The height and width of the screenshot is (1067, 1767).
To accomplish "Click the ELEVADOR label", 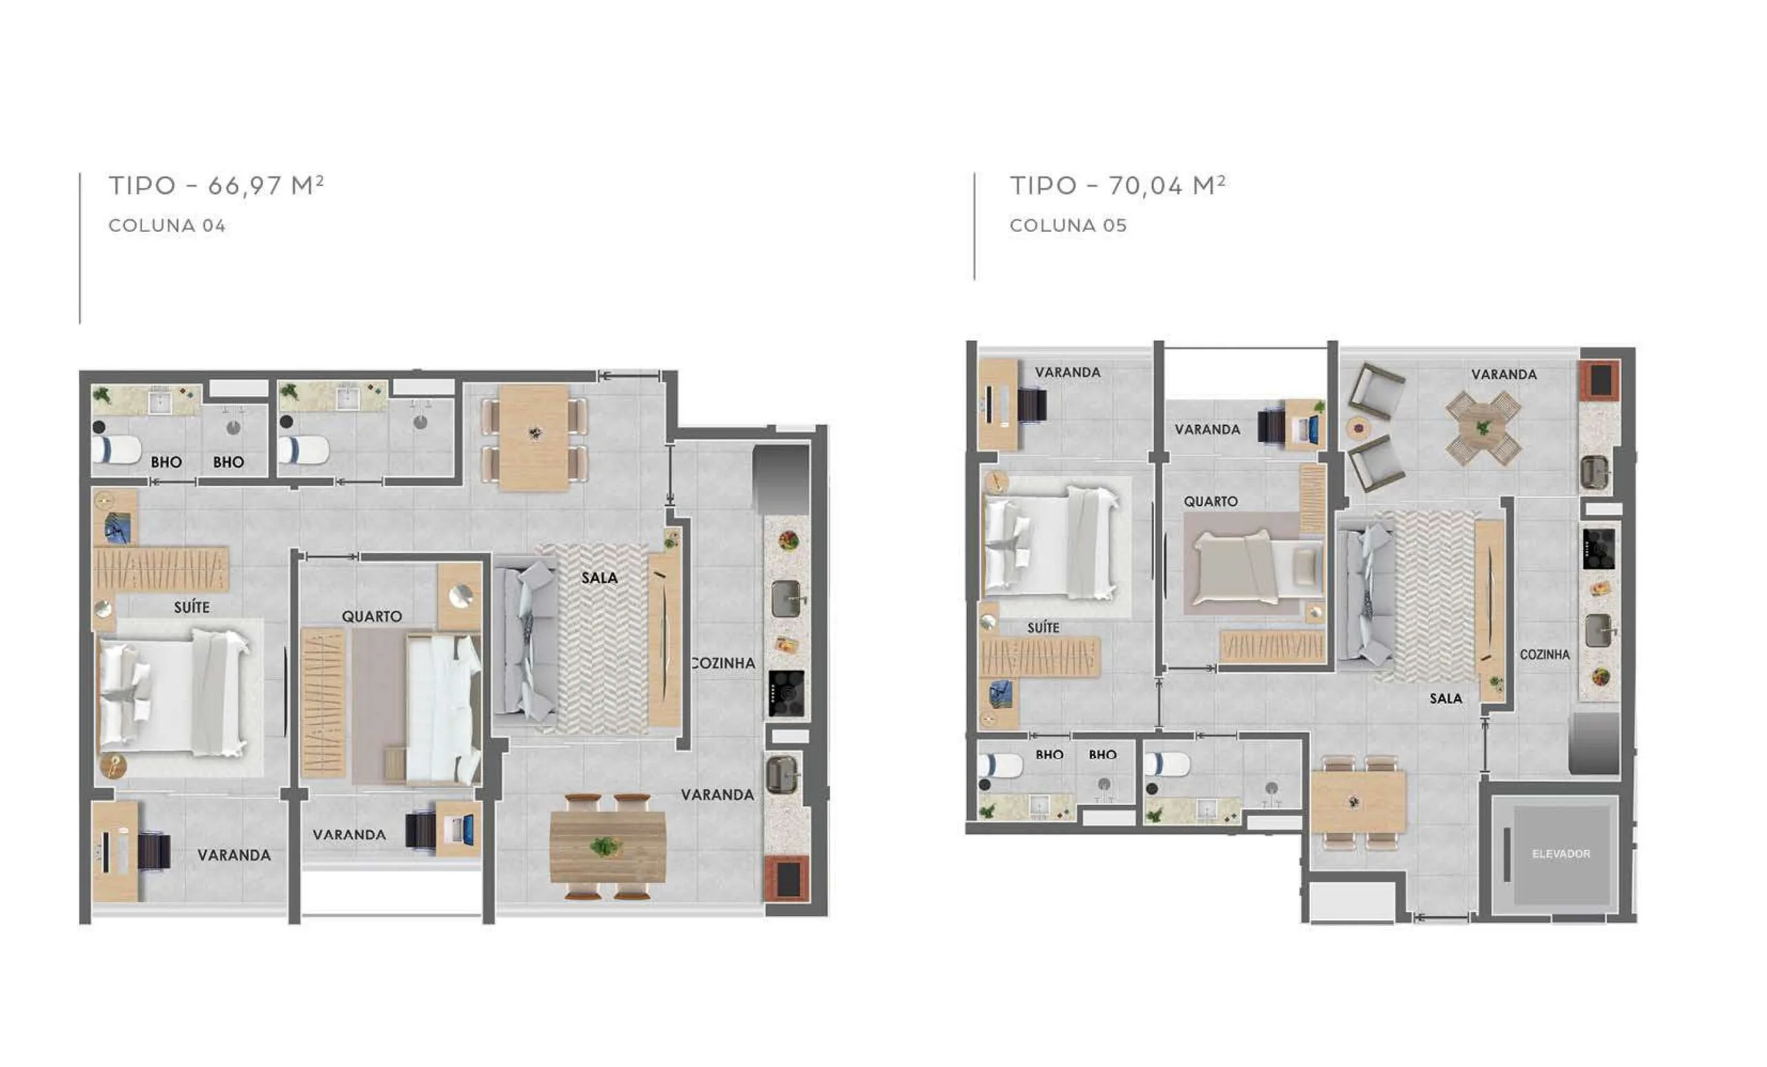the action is (x=1561, y=854).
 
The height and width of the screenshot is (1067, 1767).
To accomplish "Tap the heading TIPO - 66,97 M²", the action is (x=216, y=185).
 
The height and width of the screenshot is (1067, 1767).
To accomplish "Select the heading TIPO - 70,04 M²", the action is (x=1118, y=185).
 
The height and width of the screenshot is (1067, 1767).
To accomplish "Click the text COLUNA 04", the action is (x=167, y=225).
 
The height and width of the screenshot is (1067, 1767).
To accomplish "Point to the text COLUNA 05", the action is (x=1068, y=225).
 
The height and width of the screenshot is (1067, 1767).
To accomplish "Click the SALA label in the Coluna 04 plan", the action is (x=600, y=578).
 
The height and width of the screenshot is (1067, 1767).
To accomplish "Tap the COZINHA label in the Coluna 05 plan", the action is (x=1545, y=655).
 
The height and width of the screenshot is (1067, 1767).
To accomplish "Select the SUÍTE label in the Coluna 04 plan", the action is (x=191, y=607).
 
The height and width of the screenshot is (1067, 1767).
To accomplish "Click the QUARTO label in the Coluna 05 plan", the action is (x=1211, y=501).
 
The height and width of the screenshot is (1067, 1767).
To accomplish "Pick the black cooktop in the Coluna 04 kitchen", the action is (x=786, y=694).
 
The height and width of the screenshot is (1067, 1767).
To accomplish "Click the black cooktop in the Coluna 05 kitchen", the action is (x=1599, y=549).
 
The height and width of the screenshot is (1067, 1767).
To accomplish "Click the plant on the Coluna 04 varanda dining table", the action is (x=606, y=847).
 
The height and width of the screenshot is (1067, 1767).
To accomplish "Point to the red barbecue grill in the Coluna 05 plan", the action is (x=1599, y=380).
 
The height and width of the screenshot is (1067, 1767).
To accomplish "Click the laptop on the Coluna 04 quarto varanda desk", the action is (x=458, y=829).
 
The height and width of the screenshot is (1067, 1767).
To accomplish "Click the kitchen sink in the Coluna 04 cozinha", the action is (x=787, y=599).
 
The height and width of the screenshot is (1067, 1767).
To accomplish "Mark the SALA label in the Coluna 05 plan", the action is (x=1446, y=698).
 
